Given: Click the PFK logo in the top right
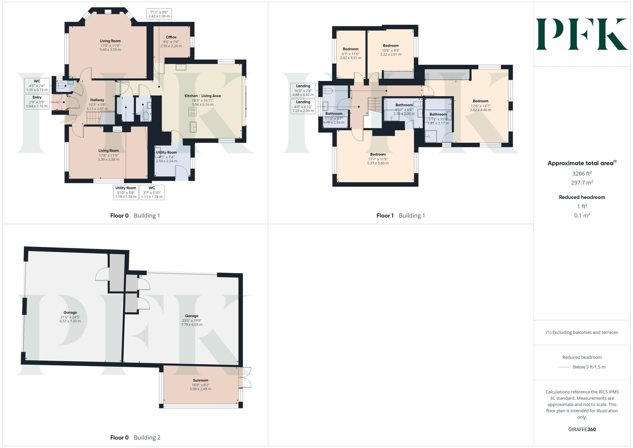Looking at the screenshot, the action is click(x=582, y=34).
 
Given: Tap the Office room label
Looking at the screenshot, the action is click(x=171, y=37).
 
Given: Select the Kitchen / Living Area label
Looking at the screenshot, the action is click(x=203, y=96).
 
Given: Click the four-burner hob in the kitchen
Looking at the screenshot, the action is click(x=192, y=111).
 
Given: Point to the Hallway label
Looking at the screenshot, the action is click(x=97, y=100).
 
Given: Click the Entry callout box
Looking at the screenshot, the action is click(x=37, y=102).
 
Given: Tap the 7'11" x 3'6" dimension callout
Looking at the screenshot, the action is click(x=159, y=14).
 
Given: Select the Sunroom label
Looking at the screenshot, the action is click(x=201, y=380).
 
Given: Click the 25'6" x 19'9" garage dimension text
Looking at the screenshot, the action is click(x=192, y=320).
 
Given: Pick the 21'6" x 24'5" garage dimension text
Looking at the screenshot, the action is click(x=70, y=317).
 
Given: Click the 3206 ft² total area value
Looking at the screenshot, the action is click(x=582, y=173).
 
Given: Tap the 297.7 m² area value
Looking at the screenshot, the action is click(x=582, y=182).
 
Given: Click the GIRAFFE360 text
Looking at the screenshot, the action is click(x=582, y=429).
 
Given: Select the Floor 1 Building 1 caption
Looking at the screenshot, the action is click(x=401, y=216).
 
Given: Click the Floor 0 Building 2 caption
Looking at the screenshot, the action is click(x=135, y=438).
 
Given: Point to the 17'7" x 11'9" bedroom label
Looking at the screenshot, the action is click(x=378, y=159).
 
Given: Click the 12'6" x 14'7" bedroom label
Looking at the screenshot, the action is click(x=480, y=106).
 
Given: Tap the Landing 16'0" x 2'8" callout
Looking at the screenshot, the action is click(x=303, y=90).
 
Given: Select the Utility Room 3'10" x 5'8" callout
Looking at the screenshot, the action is click(x=126, y=192).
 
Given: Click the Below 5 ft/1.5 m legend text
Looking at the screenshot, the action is click(x=589, y=367).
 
